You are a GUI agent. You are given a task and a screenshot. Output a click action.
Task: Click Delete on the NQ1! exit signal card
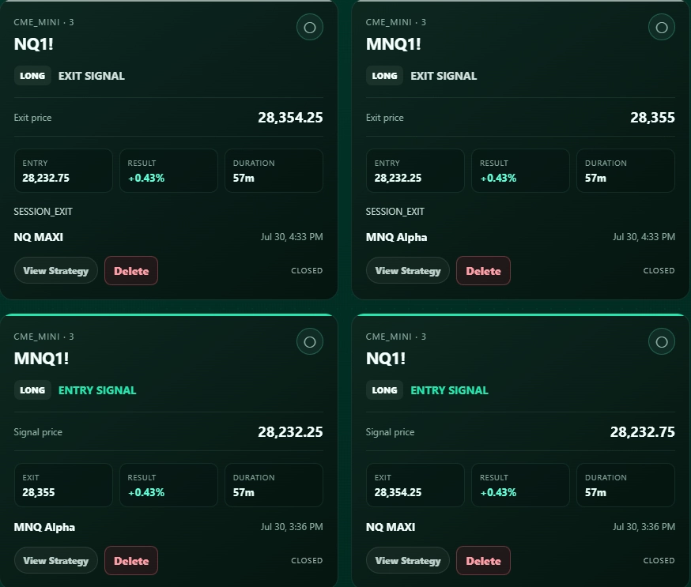click(x=131, y=271)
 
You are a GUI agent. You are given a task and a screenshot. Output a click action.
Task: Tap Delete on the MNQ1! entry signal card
click(x=131, y=561)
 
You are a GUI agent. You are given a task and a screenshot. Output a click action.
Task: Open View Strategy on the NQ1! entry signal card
click(x=408, y=561)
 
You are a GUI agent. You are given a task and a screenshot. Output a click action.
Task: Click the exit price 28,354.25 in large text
click(x=290, y=118)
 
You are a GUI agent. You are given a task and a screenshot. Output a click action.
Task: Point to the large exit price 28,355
click(x=653, y=118)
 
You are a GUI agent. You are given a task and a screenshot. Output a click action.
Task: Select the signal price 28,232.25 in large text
click(x=290, y=432)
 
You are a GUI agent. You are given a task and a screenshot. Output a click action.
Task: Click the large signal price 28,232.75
click(x=643, y=432)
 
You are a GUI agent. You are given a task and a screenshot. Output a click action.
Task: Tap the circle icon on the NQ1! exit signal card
click(x=310, y=28)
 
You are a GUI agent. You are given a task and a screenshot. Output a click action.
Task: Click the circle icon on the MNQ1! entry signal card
click(x=310, y=342)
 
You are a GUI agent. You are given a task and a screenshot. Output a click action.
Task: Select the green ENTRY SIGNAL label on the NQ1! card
click(x=450, y=390)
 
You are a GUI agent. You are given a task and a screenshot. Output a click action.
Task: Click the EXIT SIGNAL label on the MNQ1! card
click(x=444, y=76)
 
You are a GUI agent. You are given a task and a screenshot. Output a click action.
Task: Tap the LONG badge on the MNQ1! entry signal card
click(x=32, y=390)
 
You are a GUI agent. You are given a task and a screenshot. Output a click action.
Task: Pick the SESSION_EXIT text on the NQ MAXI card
click(x=43, y=212)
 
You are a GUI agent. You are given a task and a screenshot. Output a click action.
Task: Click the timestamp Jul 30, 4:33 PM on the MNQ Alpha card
click(x=644, y=237)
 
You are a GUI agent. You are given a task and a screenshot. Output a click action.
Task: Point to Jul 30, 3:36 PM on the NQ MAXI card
click(x=644, y=527)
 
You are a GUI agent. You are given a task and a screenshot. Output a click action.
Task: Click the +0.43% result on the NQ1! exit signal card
click(x=146, y=178)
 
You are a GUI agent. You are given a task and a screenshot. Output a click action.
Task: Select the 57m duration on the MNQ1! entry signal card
click(x=244, y=492)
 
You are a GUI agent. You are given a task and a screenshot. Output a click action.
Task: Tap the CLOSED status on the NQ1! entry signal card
click(x=659, y=561)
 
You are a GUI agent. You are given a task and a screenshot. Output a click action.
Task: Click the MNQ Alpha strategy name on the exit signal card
click(x=396, y=237)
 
